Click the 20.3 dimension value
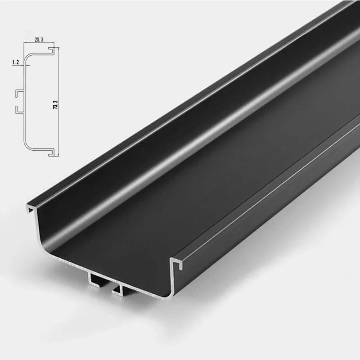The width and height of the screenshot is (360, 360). tap(39, 40)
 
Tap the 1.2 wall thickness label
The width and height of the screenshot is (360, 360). tap(16, 63)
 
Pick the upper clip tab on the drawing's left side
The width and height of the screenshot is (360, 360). tap(18, 93)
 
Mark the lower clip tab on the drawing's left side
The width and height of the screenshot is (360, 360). tap(18, 109)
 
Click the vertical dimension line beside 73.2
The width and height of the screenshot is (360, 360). tap(58, 130)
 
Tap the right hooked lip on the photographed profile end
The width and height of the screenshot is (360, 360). tap(177, 263)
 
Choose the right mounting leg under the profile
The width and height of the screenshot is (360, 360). tap(118, 290)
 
